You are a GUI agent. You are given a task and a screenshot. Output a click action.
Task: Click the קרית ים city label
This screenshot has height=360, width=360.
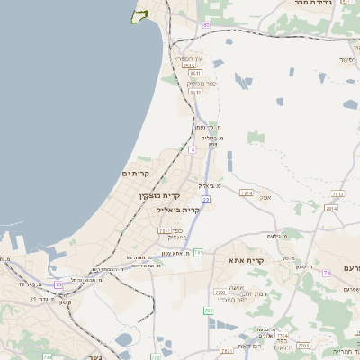(x=135, y=173)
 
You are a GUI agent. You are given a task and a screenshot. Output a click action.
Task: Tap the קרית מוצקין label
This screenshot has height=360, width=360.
(x=160, y=195)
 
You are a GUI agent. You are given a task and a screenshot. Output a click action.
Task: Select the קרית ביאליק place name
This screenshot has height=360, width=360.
(x=178, y=209)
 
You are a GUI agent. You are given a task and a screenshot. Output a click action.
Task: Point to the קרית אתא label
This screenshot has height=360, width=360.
(x=247, y=261)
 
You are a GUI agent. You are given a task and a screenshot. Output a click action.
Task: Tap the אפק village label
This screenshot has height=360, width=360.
(x=265, y=197)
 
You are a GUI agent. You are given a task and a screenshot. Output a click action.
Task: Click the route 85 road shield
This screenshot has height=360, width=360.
(x=206, y=24)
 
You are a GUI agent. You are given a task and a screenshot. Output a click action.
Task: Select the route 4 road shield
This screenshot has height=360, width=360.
(x=193, y=149)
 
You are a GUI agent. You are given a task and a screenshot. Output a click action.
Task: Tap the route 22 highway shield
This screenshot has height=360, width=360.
(x=206, y=199)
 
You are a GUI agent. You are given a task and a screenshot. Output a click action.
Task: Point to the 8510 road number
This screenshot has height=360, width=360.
(x=188, y=66)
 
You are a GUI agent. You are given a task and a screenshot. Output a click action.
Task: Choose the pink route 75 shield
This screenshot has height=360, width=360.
(x=326, y=272)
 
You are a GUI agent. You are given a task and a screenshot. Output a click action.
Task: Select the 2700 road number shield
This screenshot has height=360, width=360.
(x=220, y=292)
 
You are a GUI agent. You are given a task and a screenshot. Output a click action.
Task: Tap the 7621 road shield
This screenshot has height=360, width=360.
(x=226, y=350)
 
